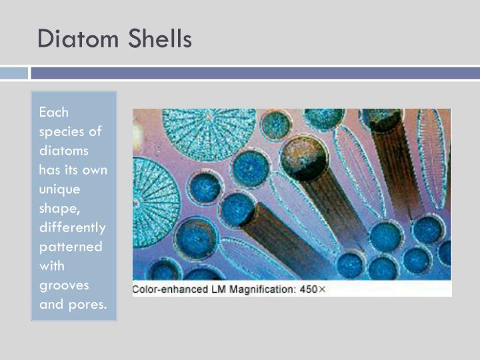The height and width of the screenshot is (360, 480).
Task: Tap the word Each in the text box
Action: (x=54, y=112)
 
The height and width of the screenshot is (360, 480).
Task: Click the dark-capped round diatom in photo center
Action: (x=305, y=158)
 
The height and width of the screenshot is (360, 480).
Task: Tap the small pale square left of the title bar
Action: (x=14, y=73)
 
